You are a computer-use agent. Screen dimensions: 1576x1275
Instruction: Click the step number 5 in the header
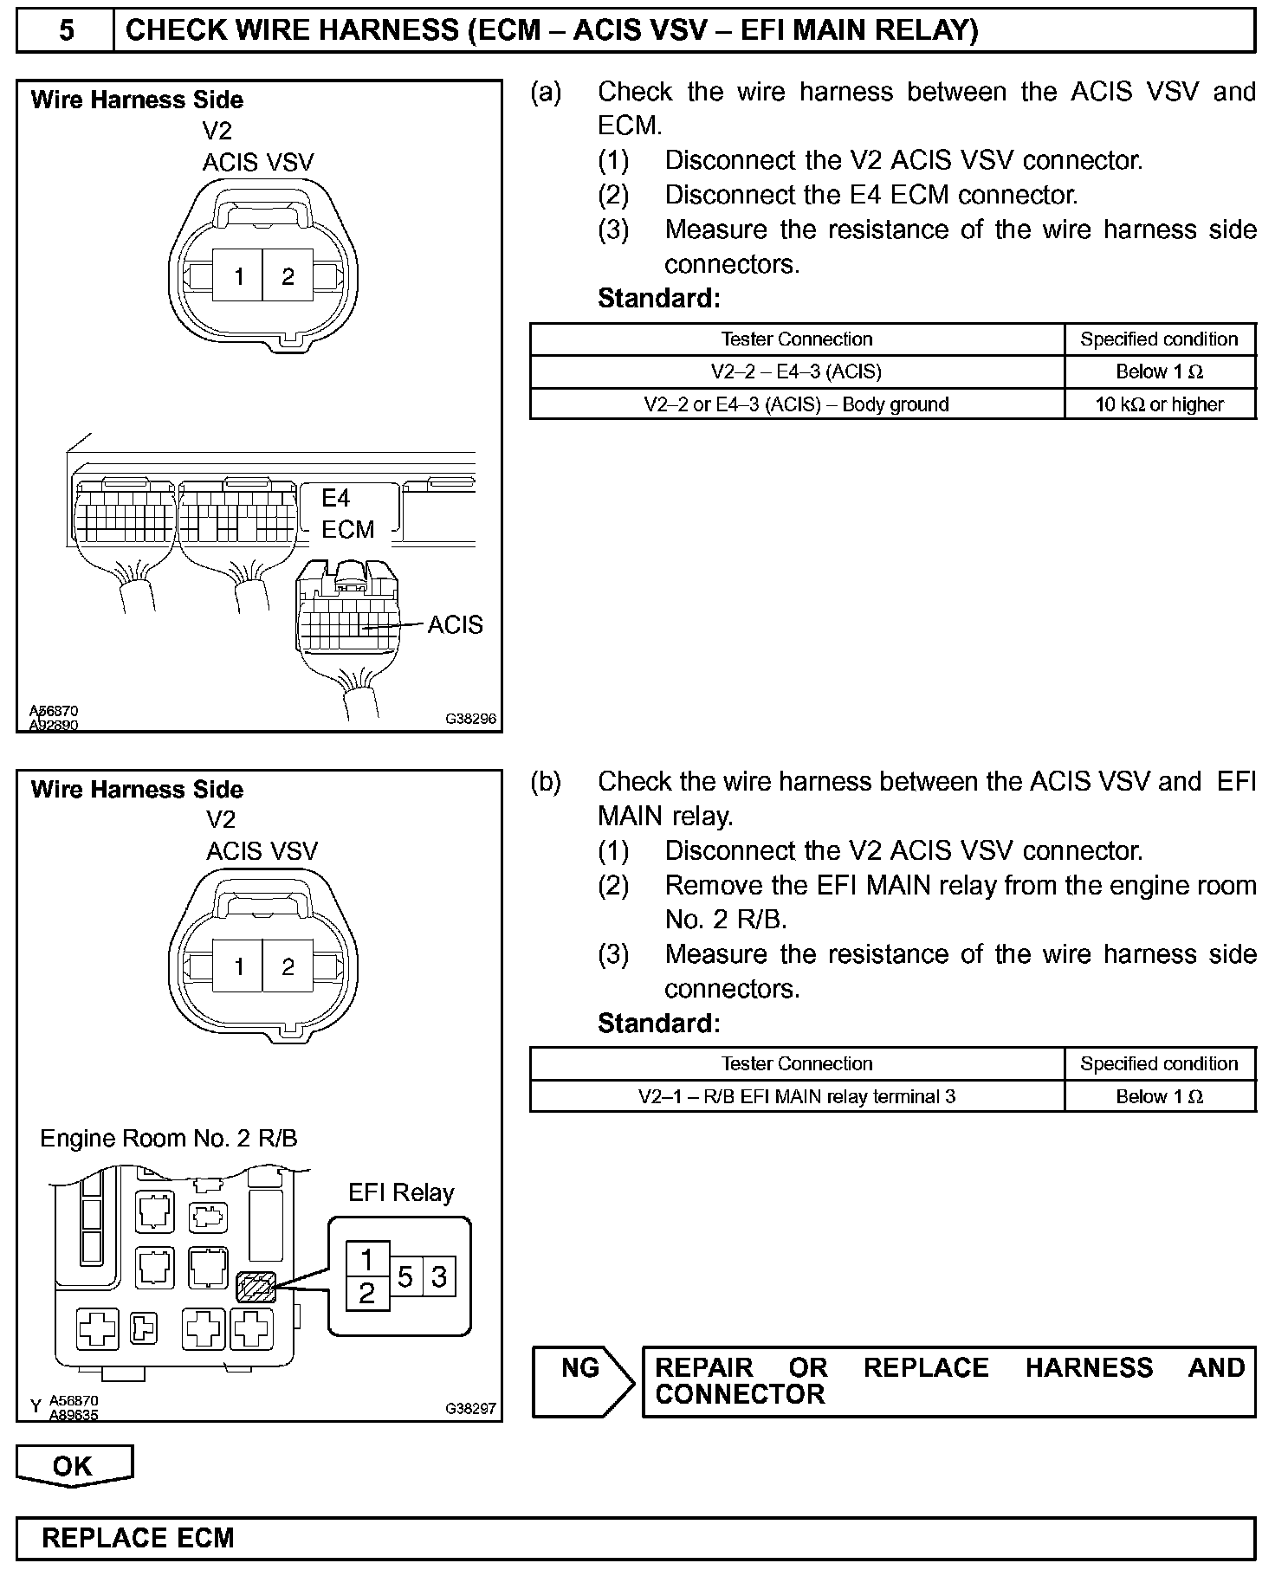(66, 31)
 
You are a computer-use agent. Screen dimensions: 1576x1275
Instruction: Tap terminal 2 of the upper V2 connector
(288, 276)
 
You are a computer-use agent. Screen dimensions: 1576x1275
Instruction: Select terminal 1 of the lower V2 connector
(239, 966)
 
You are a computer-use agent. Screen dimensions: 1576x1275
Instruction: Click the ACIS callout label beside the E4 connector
(455, 624)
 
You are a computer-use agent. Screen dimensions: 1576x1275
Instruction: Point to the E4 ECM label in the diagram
(347, 513)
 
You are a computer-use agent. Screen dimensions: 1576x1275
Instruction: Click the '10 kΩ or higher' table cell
(1159, 404)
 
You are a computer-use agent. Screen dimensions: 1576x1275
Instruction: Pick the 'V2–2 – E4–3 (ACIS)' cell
(796, 371)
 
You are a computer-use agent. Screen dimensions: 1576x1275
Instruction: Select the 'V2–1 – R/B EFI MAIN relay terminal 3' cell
(796, 1096)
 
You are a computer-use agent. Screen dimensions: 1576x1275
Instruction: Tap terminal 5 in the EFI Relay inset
(405, 1277)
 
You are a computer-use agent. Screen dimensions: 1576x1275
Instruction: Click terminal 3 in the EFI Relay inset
(439, 1277)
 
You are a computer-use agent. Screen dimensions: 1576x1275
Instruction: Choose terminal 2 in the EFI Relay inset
(367, 1294)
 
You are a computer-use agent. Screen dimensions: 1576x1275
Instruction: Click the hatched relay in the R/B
(256, 1287)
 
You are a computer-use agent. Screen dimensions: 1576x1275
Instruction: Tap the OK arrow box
(74, 1465)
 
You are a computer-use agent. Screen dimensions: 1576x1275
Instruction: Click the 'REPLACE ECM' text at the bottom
(139, 1538)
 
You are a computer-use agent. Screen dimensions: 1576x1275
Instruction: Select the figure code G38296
(471, 719)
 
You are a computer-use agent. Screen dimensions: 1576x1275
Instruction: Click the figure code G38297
(471, 1409)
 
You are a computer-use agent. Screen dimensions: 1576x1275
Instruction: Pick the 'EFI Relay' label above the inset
(401, 1192)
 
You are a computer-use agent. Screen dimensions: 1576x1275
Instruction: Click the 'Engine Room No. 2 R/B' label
(169, 1138)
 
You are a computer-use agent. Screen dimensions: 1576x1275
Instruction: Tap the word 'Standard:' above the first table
(658, 299)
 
